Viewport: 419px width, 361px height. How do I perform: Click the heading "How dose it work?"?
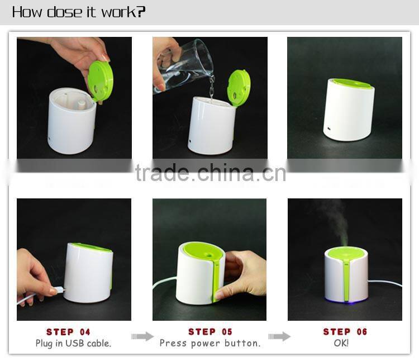(79, 12)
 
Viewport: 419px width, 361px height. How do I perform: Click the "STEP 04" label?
(68, 332)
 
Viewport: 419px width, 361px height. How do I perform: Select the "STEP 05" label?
(210, 332)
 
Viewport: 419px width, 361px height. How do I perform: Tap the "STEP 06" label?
(345, 332)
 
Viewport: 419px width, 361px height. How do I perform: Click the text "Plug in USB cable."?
(73, 343)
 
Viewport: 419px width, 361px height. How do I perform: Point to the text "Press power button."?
(210, 343)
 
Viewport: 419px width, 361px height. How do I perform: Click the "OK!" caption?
(341, 343)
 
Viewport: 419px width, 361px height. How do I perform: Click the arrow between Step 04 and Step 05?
(142, 336)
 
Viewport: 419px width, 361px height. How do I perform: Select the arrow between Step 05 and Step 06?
(279, 336)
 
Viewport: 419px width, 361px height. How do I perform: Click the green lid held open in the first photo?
(101, 80)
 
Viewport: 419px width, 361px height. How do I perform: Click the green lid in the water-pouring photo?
(239, 87)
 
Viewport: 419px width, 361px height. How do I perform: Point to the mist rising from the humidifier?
(335, 221)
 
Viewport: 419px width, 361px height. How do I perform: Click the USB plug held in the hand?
(57, 290)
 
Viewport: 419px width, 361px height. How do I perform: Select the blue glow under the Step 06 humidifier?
(346, 303)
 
